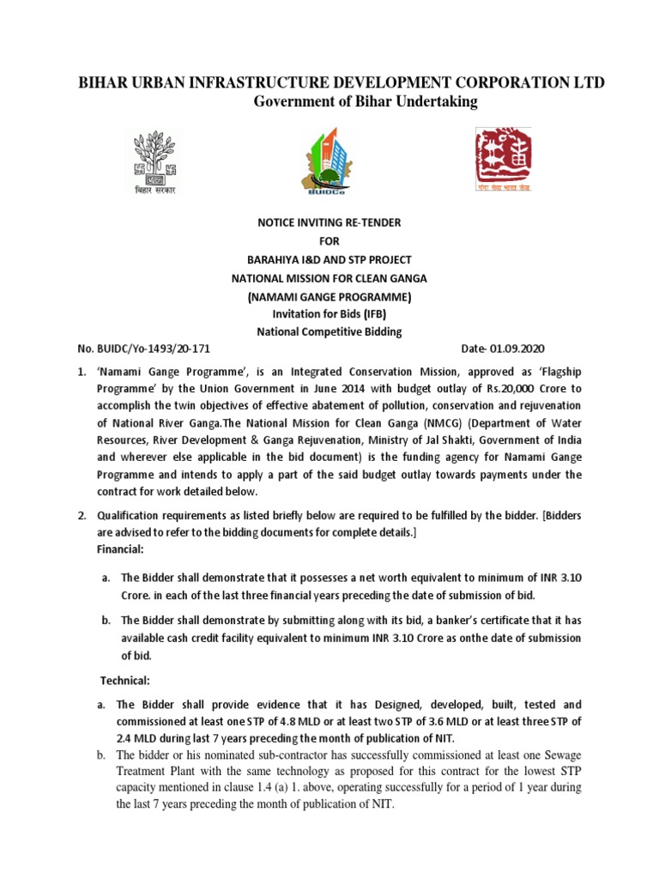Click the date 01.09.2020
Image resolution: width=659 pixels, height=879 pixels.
[517, 349]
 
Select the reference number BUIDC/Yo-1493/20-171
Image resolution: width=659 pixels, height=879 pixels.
[151, 349]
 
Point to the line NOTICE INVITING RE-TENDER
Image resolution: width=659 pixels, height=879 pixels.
[329, 222]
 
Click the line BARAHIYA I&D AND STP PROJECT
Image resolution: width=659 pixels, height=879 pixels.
[329, 259]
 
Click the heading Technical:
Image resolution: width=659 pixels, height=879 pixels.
[126, 681]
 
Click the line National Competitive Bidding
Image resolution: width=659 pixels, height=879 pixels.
[329, 331]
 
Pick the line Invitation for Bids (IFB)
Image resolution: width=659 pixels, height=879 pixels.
[329, 313]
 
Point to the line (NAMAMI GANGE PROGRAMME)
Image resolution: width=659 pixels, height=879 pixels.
[329, 295]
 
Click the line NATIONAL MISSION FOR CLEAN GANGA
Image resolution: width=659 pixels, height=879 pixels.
[329, 277]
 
